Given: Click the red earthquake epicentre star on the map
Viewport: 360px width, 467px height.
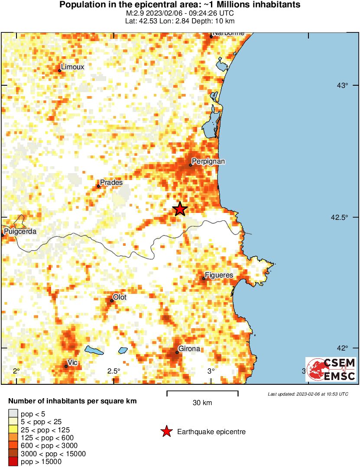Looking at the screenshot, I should pyautogui.click(x=180, y=209).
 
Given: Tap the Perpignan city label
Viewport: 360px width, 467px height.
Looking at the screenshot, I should pyautogui.click(x=208, y=161).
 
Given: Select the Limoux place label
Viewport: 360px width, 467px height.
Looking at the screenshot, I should pyautogui.click(x=72, y=67).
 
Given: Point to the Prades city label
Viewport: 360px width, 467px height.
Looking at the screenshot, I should pyautogui.click(x=111, y=183).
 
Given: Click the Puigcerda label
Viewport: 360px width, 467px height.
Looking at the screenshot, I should pyautogui.click(x=20, y=232).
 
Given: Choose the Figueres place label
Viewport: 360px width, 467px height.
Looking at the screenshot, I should pyautogui.click(x=219, y=275).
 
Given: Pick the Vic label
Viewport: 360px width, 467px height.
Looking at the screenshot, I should pyautogui.click(x=72, y=362).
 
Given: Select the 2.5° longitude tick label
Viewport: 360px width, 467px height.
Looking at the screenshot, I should pyautogui.click(x=114, y=371).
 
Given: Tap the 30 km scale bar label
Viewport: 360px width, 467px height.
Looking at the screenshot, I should pyautogui.click(x=202, y=403).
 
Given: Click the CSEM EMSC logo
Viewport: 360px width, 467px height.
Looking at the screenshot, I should pyautogui.click(x=331, y=370).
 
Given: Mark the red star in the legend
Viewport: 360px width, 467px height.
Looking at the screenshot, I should pyautogui.click(x=166, y=432).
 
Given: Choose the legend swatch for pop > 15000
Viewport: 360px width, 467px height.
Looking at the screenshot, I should pyautogui.click(x=13, y=462).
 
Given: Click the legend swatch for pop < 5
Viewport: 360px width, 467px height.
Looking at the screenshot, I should pyautogui.click(x=13, y=415).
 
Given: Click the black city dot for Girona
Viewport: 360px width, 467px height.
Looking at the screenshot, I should pyautogui.click(x=177, y=353).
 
